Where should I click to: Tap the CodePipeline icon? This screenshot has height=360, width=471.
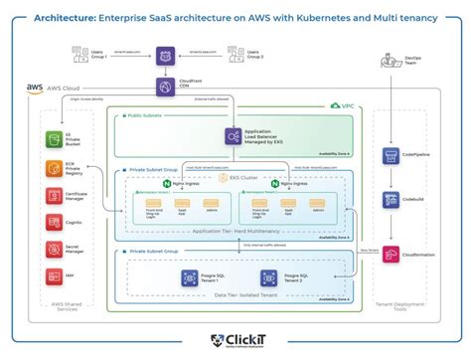click(x=390, y=155)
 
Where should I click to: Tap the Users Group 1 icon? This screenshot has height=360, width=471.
click(x=99, y=53)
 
